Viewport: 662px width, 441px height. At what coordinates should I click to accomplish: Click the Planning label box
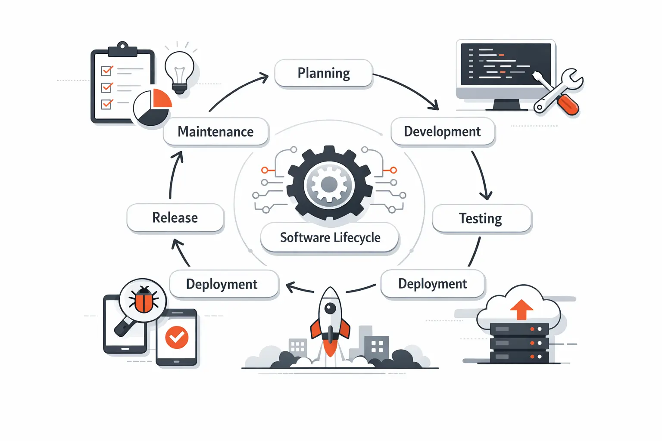(x=323, y=73)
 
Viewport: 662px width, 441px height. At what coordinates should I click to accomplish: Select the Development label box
(x=443, y=131)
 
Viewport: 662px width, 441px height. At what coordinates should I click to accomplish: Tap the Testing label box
(x=481, y=218)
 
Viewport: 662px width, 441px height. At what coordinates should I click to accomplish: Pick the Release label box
(x=175, y=217)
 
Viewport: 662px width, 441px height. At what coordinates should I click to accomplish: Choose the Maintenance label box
(x=215, y=131)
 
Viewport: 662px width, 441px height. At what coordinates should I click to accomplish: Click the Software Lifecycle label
(x=330, y=237)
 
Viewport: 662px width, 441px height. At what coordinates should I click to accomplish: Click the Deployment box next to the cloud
(x=433, y=284)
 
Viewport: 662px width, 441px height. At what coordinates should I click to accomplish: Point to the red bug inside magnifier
(x=144, y=300)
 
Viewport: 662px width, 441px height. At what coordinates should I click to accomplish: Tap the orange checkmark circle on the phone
(x=177, y=337)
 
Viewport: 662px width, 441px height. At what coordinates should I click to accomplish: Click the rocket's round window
(x=330, y=308)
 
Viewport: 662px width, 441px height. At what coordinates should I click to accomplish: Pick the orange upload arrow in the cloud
(x=521, y=309)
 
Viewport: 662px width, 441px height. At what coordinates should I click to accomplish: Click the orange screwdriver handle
(x=568, y=105)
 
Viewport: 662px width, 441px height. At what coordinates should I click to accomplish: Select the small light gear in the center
(x=329, y=185)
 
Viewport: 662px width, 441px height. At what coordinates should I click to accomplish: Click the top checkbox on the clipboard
(x=106, y=71)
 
